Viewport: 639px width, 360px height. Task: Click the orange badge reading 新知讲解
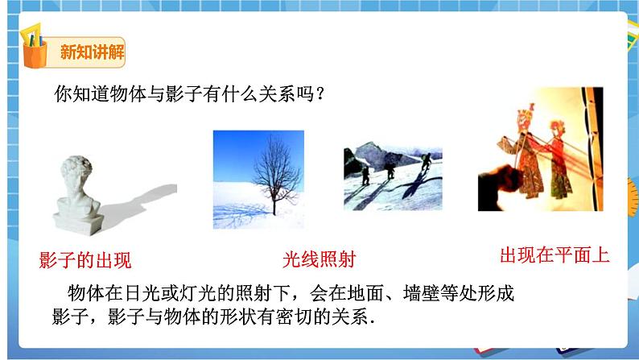pyautogui.click(x=92, y=53)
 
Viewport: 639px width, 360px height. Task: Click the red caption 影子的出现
pyautogui.click(x=85, y=260)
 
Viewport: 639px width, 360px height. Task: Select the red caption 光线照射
pyautogui.click(x=319, y=259)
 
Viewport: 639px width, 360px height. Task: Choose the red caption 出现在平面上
pyautogui.click(x=554, y=256)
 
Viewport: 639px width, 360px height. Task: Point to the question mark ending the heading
pyautogui.click(x=319, y=93)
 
